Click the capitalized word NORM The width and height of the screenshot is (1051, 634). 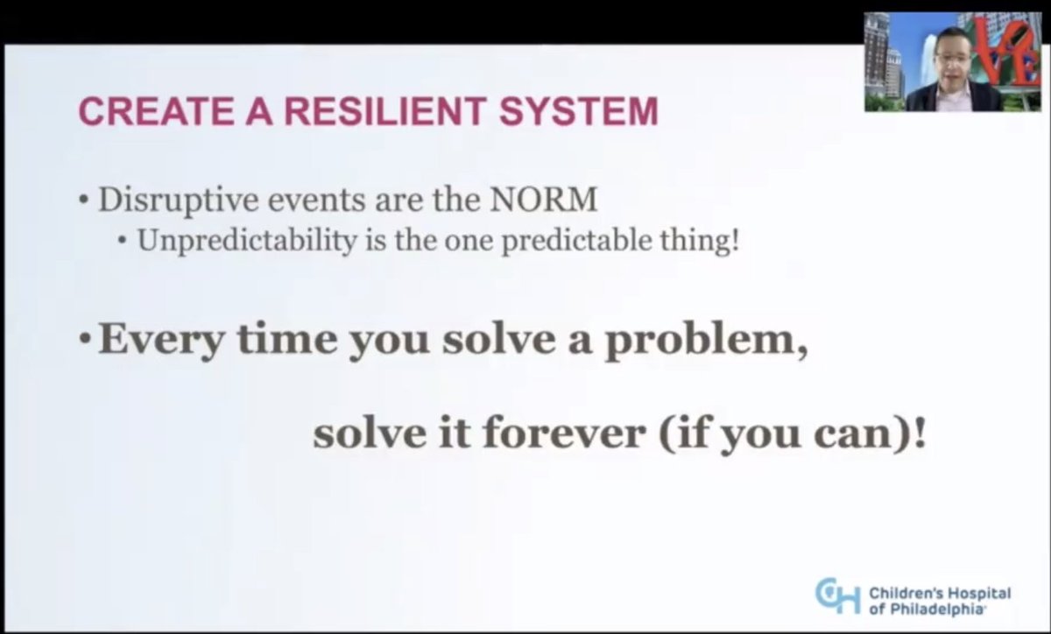[546, 201]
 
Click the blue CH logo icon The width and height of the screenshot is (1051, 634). [837, 595]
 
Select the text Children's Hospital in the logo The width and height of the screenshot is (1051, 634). [941, 593]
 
